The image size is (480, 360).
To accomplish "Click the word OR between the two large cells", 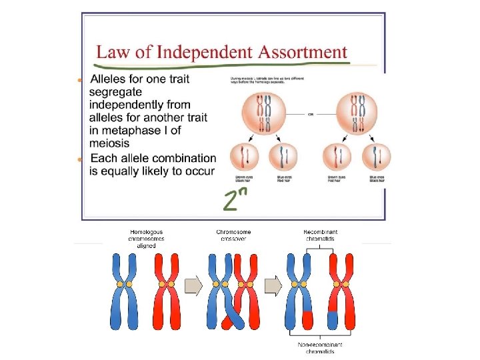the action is (x=311, y=113).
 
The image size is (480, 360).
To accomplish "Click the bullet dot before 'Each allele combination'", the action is (x=80, y=159).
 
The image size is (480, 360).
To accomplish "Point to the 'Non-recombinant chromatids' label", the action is (x=321, y=348).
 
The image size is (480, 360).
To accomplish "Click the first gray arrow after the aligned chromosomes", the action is (x=193, y=286).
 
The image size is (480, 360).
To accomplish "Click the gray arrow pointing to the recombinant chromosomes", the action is (x=273, y=286).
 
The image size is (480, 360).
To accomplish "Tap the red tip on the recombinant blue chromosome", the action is (x=307, y=320).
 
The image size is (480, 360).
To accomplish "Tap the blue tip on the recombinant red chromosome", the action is (x=333, y=320).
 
